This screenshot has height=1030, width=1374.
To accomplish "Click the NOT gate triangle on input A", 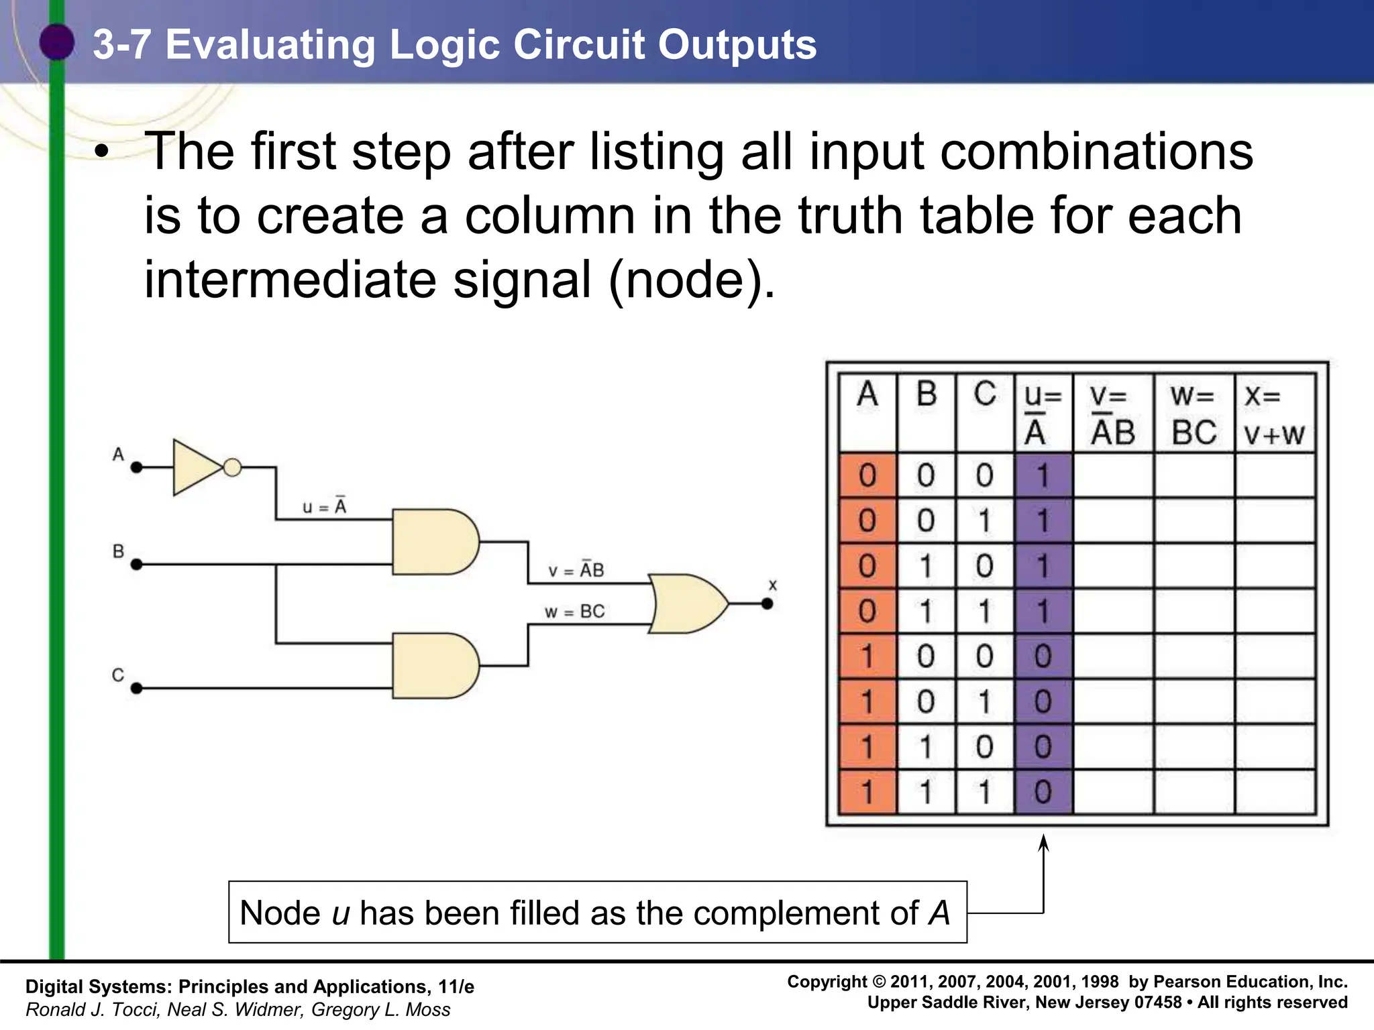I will (x=195, y=467).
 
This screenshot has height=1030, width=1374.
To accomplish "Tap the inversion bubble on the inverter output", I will (x=232, y=467).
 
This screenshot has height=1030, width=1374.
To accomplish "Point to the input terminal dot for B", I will (x=137, y=565).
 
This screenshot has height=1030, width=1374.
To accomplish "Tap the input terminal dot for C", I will (x=137, y=688).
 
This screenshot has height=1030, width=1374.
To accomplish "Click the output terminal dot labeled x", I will (x=768, y=604).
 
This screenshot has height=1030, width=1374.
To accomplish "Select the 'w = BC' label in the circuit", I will (x=574, y=612).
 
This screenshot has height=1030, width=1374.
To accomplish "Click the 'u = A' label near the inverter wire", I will (x=324, y=506).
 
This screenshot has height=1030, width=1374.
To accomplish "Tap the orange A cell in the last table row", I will (x=867, y=792).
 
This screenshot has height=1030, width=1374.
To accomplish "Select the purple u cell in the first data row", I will (x=1043, y=476).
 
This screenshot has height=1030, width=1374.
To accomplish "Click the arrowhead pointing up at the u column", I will (x=1043, y=842).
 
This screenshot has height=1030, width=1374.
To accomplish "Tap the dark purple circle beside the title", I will (x=57, y=42).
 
